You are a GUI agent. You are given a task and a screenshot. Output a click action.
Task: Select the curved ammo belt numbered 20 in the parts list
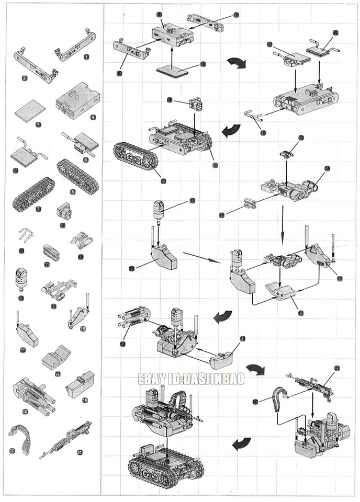pyautogui.click(x=20, y=437)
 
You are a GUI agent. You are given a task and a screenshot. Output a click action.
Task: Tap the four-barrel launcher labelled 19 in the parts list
pyautogui.click(x=32, y=393)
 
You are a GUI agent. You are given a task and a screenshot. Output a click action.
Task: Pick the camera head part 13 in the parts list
pyautogui.click(x=22, y=279)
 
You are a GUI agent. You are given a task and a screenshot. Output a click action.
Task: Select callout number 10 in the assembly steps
pyautogui.click(x=263, y=133)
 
